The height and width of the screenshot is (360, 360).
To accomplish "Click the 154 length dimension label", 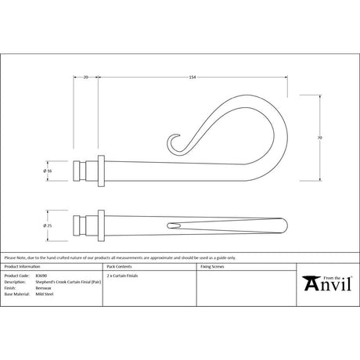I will tap(191, 77).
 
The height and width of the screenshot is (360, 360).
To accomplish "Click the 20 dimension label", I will tap(85, 77).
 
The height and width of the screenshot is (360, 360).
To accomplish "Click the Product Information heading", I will tap(23, 268).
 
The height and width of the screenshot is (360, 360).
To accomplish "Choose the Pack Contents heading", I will tap(128, 268).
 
